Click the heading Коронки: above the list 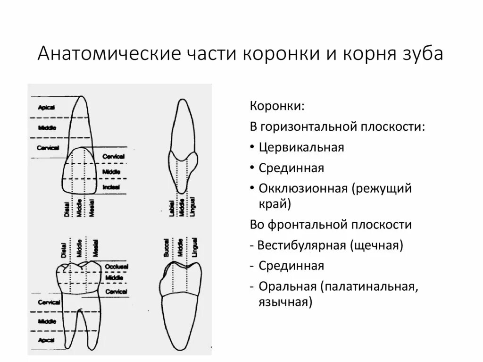pos(277,106)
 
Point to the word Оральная pos(286,286)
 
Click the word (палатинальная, pos(369,286)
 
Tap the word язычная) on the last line pos(285,302)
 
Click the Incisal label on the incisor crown pos(111,187)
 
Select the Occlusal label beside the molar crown pos(116,267)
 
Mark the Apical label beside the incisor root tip pos(46,108)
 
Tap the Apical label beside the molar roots pos(46,340)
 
